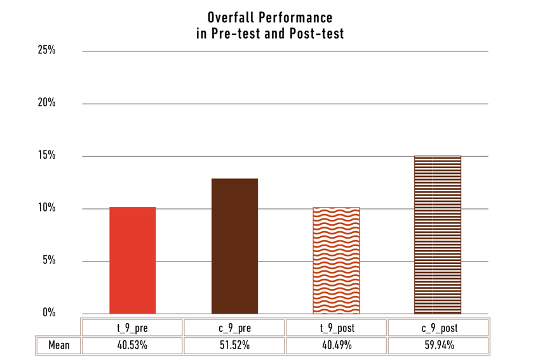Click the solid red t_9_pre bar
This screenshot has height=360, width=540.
click(x=133, y=260)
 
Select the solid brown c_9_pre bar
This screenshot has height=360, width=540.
click(x=234, y=246)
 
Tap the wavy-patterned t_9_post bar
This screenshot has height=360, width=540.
click(x=336, y=260)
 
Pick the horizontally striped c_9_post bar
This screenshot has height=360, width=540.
click(x=438, y=235)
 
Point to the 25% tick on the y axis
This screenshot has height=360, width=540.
click(x=47, y=50)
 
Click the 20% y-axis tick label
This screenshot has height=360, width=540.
click(x=47, y=103)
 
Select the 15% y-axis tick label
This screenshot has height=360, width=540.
click(x=47, y=156)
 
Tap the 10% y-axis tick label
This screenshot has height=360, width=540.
click(x=47, y=208)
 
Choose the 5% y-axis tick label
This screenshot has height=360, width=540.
click(x=49, y=260)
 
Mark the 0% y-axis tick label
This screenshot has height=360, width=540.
click(x=49, y=313)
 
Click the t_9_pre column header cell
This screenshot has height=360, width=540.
click(x=133, y=328)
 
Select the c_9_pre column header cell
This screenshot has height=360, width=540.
click(x=234, y=328)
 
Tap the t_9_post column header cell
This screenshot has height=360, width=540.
click(x=336, y=328)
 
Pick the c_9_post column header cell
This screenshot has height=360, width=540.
click(x=438, y=328)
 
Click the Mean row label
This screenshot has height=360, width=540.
click(x=58, y=346)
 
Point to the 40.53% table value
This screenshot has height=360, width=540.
click(x=133, y=346)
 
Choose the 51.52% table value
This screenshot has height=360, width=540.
click(x=234, y=346)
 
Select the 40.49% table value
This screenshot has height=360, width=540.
click(x=336, y=346)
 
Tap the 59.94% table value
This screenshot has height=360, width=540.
click(x=438, y=346)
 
